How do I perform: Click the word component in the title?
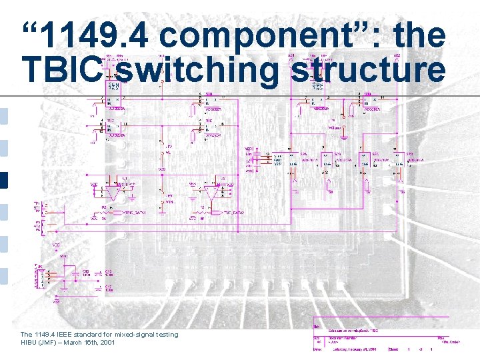point(243,35)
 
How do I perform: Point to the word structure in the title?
point(369,69)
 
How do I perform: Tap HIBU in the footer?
point(29,342)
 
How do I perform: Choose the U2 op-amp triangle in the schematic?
point(212,193)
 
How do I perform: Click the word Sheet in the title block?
point(393,349)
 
